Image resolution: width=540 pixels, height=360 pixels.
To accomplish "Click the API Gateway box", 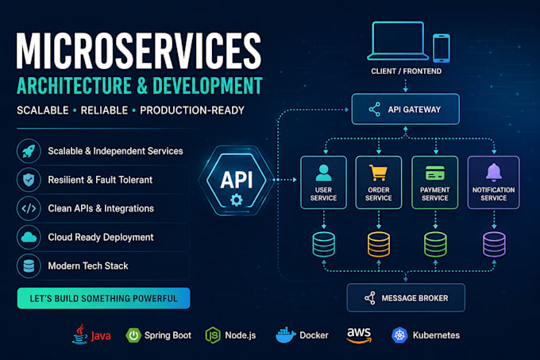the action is point(405,109).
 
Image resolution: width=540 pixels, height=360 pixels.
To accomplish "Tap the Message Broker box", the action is point(406,298).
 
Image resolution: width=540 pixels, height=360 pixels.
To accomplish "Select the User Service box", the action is point(323,182).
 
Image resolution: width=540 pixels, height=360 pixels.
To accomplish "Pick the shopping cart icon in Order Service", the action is point(378,172).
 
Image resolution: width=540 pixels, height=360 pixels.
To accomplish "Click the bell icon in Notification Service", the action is point(494,172).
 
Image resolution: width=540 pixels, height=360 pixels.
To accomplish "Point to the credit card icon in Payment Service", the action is point(435,173).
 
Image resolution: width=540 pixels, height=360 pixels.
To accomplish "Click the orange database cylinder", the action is point(379,244).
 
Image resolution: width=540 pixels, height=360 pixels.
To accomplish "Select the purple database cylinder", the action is point(494,244).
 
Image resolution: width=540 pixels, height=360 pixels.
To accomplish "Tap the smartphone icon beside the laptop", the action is point(442,48).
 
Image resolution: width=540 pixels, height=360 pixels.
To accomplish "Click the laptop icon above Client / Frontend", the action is point(398,41).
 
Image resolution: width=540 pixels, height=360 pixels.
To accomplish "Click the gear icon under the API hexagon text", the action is point(237,199).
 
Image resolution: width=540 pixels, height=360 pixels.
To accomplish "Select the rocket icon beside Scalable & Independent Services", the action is point(29,151).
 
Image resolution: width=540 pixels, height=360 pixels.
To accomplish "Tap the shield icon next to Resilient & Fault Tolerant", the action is point(29,180).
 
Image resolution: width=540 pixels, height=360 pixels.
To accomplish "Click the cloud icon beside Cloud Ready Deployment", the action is point(29,237).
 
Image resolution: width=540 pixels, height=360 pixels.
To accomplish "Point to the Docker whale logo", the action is point(285,335).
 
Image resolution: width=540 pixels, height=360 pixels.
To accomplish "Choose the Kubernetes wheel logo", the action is point(399,335).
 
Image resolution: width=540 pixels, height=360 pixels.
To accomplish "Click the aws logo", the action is point(359,335).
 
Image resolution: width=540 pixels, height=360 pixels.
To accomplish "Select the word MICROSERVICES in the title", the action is point(139,51).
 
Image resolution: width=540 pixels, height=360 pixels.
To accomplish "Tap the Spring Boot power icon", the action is point(133,335).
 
